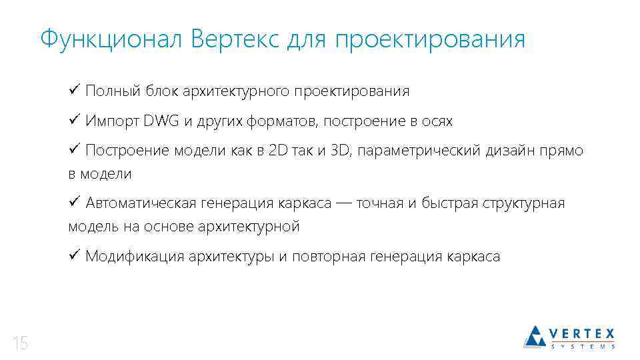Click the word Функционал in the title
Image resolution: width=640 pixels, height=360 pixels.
click(111, 39)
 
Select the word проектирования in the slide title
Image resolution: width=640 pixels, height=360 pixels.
click(430, 39)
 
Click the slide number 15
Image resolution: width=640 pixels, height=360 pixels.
click(20, 344)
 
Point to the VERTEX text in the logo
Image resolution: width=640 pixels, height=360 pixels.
click(582, 333)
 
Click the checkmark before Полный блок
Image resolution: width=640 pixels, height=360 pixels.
click(74, 90)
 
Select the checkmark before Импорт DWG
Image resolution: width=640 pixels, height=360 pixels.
click(74, 121)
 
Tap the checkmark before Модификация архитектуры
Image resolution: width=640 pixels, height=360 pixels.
click(74, 256)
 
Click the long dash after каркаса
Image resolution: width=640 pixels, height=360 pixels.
click(344, 203)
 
